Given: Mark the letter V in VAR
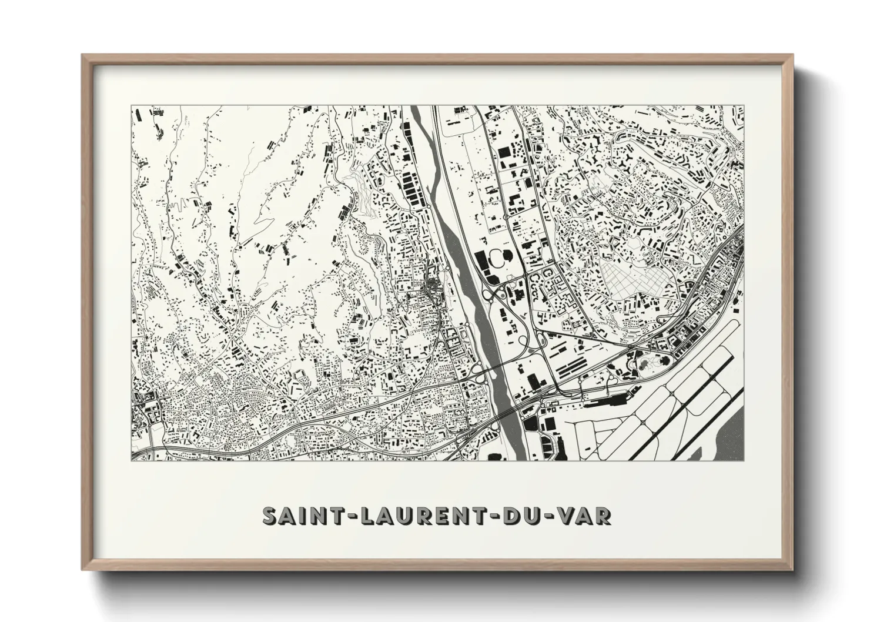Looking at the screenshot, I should (566, 516).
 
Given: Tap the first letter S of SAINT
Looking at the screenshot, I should (270, 516).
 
